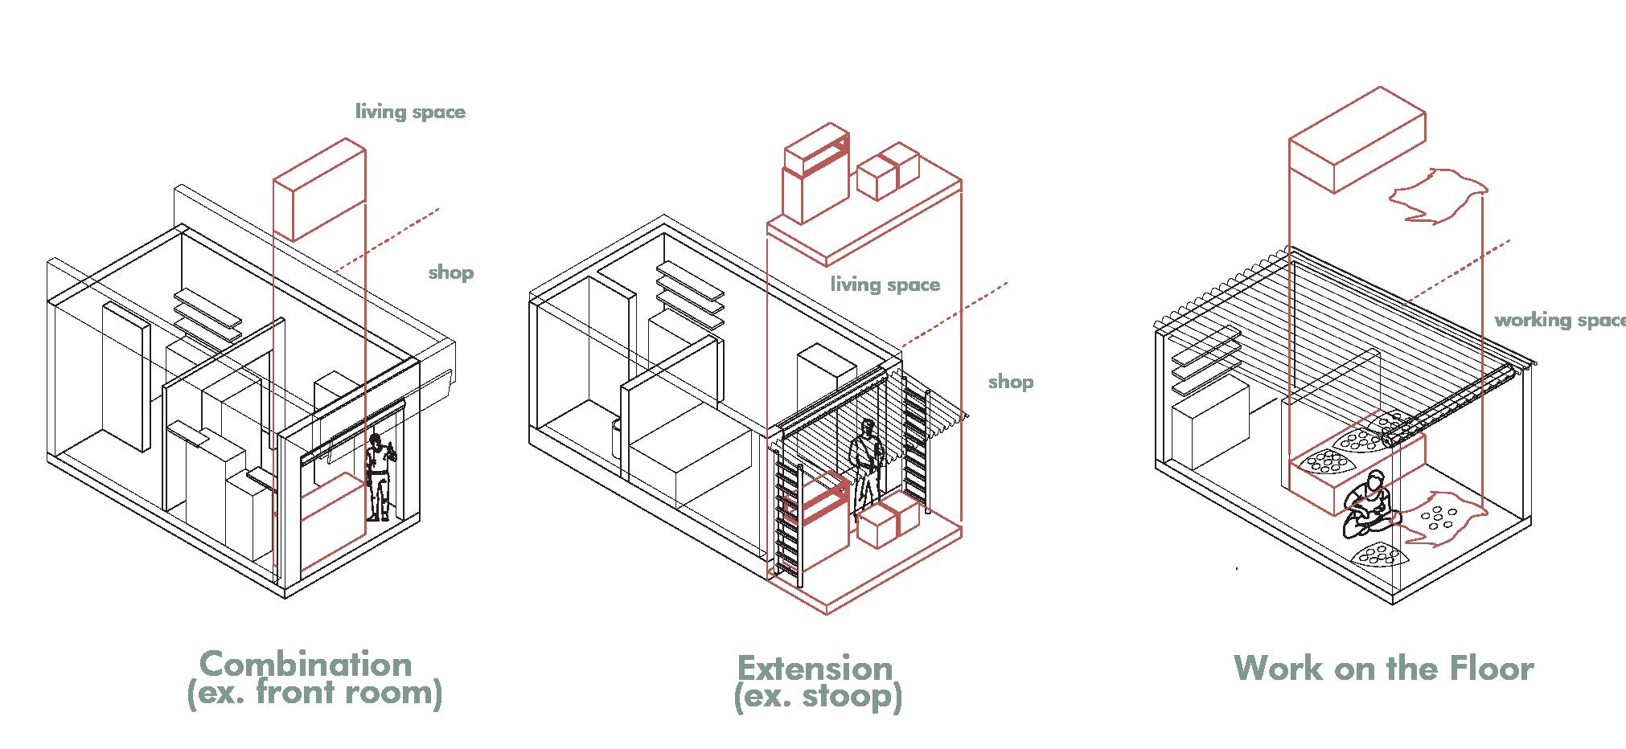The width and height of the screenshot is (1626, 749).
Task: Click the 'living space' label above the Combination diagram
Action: pyautogui.click(x=410, y=112)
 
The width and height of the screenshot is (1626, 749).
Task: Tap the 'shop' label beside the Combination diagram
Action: pyautogui.click(x=450, y=272)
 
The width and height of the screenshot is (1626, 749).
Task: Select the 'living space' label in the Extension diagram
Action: pyautogui.click(x=885, y=284)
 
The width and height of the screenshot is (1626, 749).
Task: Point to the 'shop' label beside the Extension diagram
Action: pyautogui.click(x=1011, y=381)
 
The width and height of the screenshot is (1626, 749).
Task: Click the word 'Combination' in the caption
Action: pyautogui.click(x=306, y=665)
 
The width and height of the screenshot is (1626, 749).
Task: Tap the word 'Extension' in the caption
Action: pyautogui.click(x=815, y=669)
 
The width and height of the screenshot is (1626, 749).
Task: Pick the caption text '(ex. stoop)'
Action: pyautogui.click(x=818, y=696)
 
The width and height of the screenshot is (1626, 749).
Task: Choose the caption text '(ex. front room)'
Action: pyautogui.click(x=314, y=692)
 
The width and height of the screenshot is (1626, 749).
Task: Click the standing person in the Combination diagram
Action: pyautogui.click(x=380, y=477)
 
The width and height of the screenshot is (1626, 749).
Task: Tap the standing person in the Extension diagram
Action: pyautogui.click(x=867, y=462)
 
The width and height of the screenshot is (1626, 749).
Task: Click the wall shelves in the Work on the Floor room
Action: pyautogui.click(x=1203, y=366)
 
